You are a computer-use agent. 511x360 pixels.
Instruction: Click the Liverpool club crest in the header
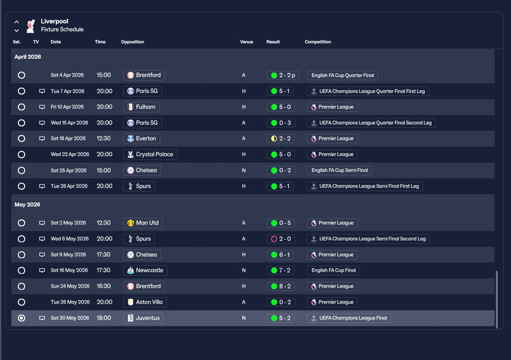click(x=30, y=26)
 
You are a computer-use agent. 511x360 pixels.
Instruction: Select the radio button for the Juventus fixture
click(x=22, y=318)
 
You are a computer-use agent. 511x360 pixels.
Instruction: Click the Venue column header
click(x=246, y=42)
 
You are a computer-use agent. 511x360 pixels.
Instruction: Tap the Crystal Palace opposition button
click(x=150, y=155)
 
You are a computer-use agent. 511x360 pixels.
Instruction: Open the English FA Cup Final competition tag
click(x=333, y=270)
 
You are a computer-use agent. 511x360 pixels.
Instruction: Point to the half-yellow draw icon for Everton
click(x=274, y=139)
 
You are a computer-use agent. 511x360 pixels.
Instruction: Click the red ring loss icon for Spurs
click(x=274, y=239)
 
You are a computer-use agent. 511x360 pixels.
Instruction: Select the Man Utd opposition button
click(x=143, y=223)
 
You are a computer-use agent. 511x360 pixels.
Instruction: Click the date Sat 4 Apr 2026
click(x=67, y=75)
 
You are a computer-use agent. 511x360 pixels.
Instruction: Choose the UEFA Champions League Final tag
click(x=349, y=318)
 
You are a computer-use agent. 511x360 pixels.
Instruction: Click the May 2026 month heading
click(x=28, y=205)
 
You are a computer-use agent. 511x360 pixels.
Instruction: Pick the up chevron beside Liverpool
click(x=17, y=22)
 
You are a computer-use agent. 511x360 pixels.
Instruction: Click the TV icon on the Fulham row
click(x=42, y=107)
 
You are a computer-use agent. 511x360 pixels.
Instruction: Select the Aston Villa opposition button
click(x=145, y=302)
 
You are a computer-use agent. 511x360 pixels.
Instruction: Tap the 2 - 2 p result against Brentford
click(x=283, y=75)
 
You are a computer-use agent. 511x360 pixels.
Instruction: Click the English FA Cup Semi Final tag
click(x=339, y=170)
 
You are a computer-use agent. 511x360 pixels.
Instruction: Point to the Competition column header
click(x=318, y=42)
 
